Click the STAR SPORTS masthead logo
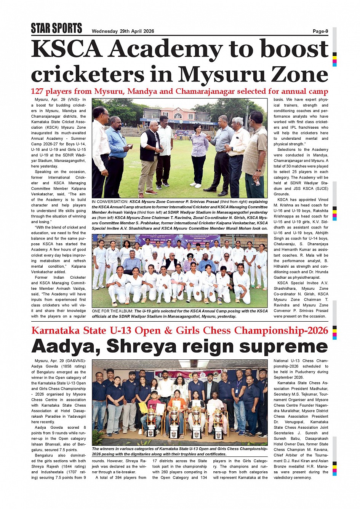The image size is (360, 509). pyautogui.click(x=56, y=28)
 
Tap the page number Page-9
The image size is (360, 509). pyautogui.click(x=320, y=31)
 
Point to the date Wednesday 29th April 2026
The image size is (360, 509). pyautogui.click(x=123, y=31)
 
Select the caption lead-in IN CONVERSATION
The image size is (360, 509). pyautogui.click(x=110, y=202)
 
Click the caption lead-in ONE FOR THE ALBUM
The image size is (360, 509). pyautogui.click(x=112, y=311)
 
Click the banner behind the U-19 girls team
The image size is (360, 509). pyautogui.click(x=178, y=241)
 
